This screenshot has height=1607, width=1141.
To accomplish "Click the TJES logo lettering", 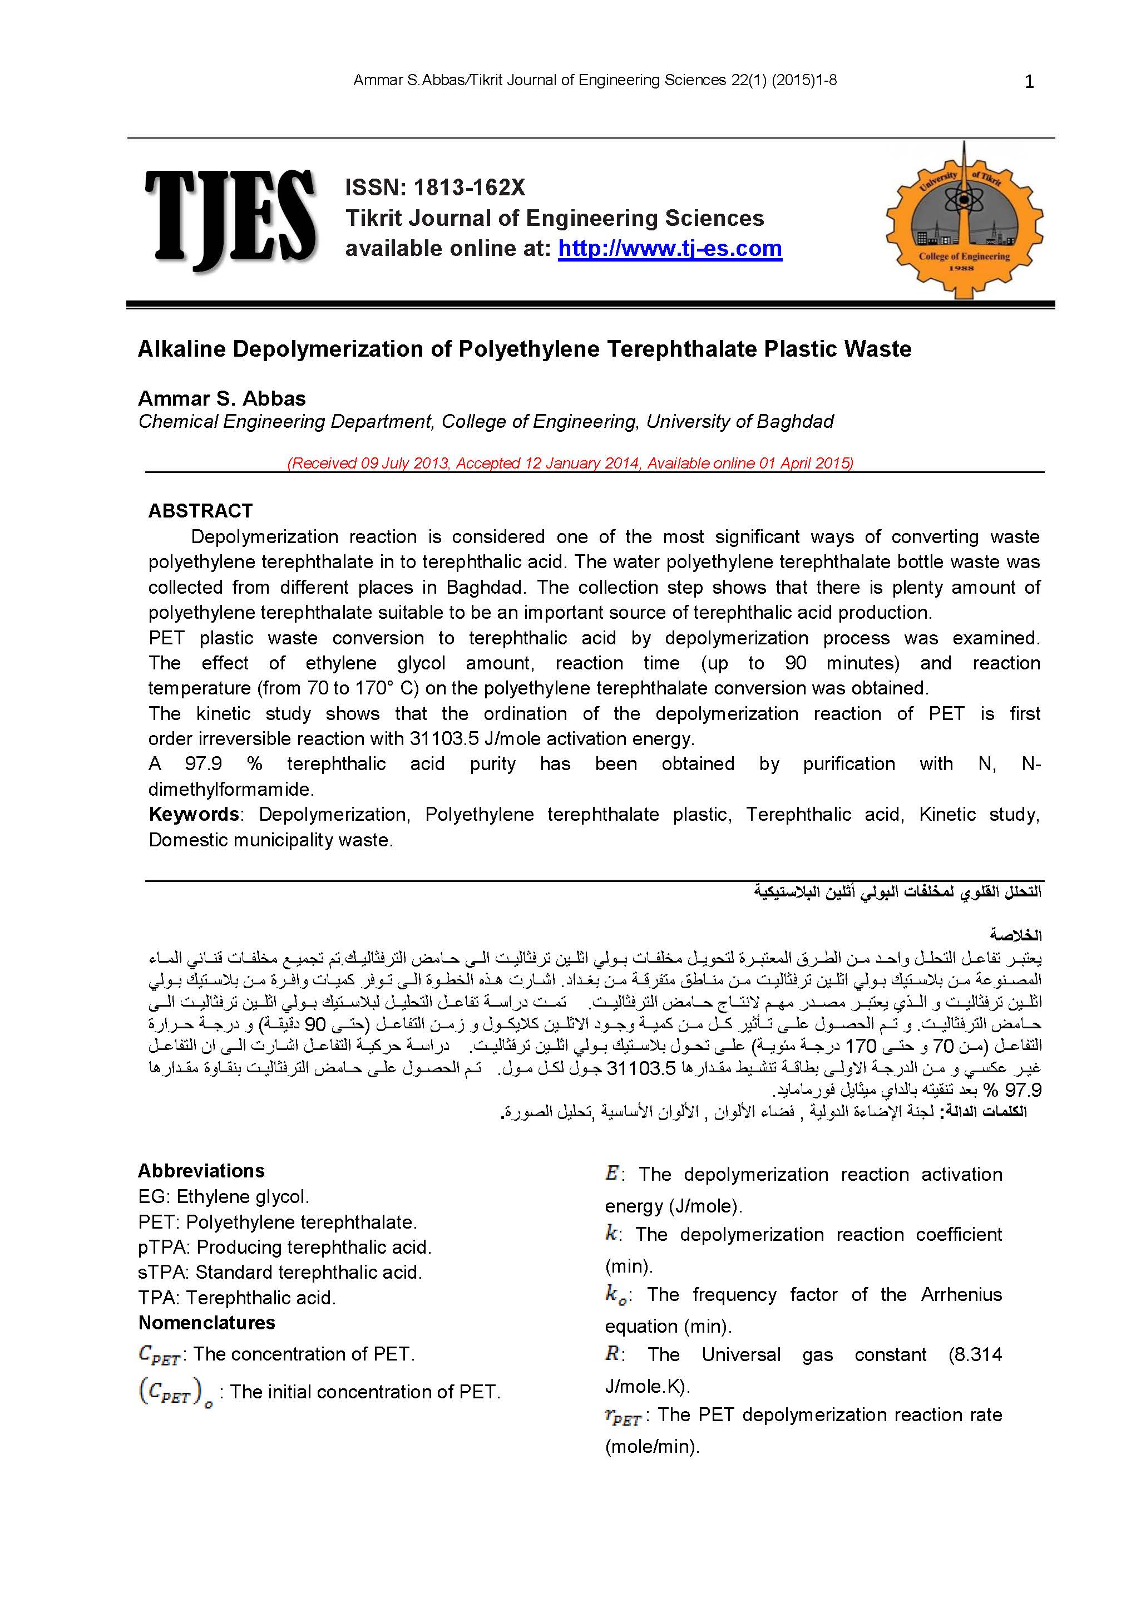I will (x=230, y=218).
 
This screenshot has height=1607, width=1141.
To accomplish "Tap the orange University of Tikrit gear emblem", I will (x=964, y=220).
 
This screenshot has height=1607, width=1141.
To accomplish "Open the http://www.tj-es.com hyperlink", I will (x=670, y=249).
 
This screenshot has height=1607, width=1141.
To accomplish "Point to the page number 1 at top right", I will (x=1029, y=82).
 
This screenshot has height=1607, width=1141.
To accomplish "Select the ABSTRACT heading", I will (x=200, y=511).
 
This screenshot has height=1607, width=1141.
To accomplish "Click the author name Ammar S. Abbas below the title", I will (x=222, y=398).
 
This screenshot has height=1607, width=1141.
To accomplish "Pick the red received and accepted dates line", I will (x=570, y=463).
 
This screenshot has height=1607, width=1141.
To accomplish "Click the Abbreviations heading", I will (x=201, y=1171).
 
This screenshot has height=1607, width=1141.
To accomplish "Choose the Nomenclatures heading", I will (x=206, y=1323).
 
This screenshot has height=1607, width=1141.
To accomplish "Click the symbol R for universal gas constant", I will (x=612, y=1354).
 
